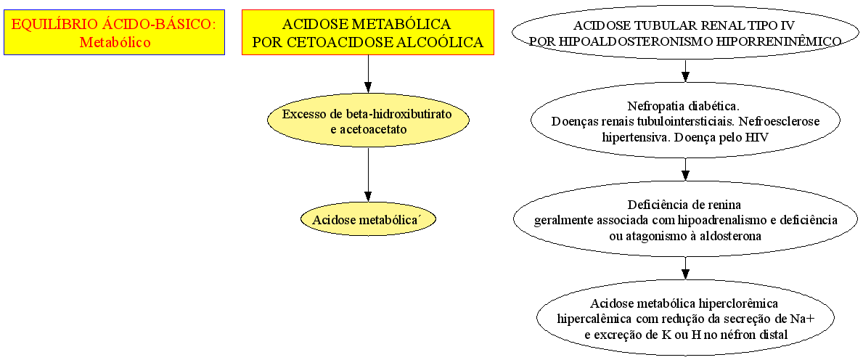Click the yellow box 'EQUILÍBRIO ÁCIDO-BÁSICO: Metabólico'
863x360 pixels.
(115, 32)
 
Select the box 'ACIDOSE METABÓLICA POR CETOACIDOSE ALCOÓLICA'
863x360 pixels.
(368, 32)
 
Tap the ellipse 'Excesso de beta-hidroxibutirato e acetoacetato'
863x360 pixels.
(368, 122)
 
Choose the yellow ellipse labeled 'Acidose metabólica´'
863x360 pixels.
(368, 220)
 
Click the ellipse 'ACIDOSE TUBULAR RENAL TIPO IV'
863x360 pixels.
(685, 33)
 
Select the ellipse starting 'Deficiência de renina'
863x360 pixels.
(685, 218)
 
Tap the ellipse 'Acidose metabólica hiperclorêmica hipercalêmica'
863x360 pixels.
(685, 318)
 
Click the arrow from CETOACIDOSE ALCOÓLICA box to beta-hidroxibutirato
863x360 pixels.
(368, 74)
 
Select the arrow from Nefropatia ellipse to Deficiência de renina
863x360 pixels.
(685, 170)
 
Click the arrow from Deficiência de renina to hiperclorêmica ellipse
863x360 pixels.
(685, 268)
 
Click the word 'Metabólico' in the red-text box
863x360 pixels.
(115, 42)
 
